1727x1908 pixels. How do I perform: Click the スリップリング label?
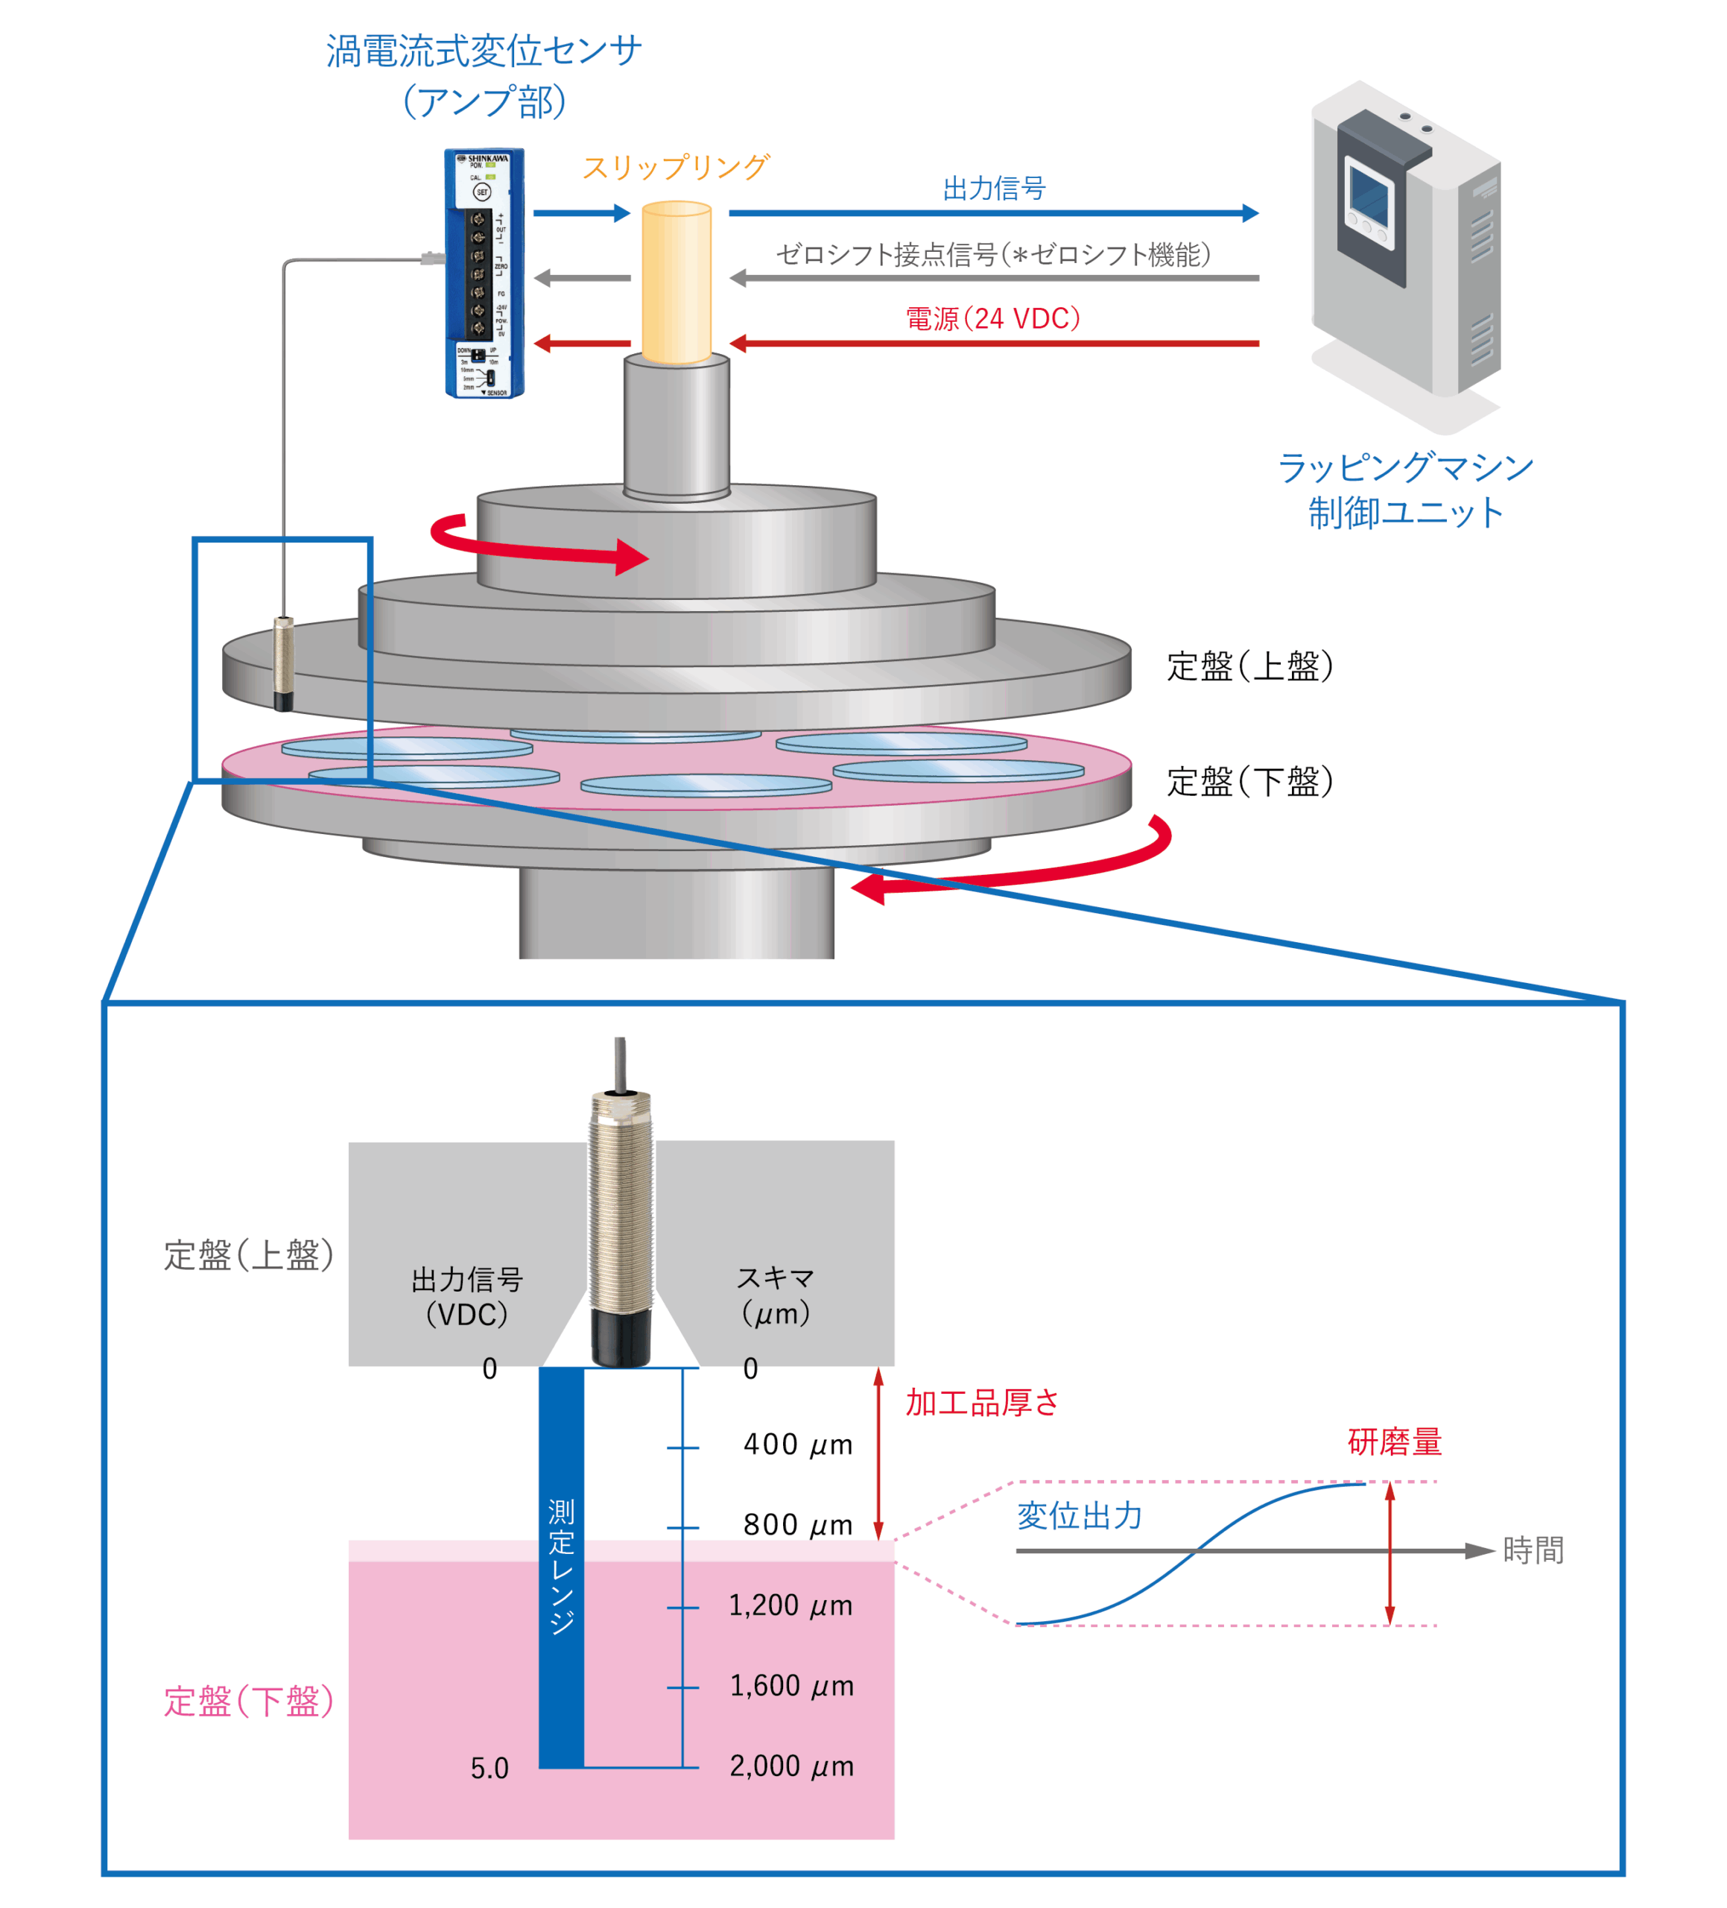(675, 168)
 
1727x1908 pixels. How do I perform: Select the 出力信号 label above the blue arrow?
(994, 189)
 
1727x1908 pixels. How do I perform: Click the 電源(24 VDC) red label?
(992, 319)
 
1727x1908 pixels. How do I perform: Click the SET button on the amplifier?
(481, 192)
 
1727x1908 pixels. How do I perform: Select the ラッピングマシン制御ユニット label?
(1404, 490)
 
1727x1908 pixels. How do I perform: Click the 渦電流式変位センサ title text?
(484, 51)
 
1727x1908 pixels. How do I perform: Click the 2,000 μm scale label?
(791, 1766)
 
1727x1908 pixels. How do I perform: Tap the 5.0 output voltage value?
(489, 1768)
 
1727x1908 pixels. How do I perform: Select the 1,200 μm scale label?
(790, 1605)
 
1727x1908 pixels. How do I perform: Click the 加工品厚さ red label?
(982, 1403)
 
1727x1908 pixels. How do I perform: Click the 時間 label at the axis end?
(1533, 1550)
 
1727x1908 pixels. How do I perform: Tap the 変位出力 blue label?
(1080, 1515)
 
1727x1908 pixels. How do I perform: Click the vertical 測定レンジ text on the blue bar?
(561, 1567)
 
